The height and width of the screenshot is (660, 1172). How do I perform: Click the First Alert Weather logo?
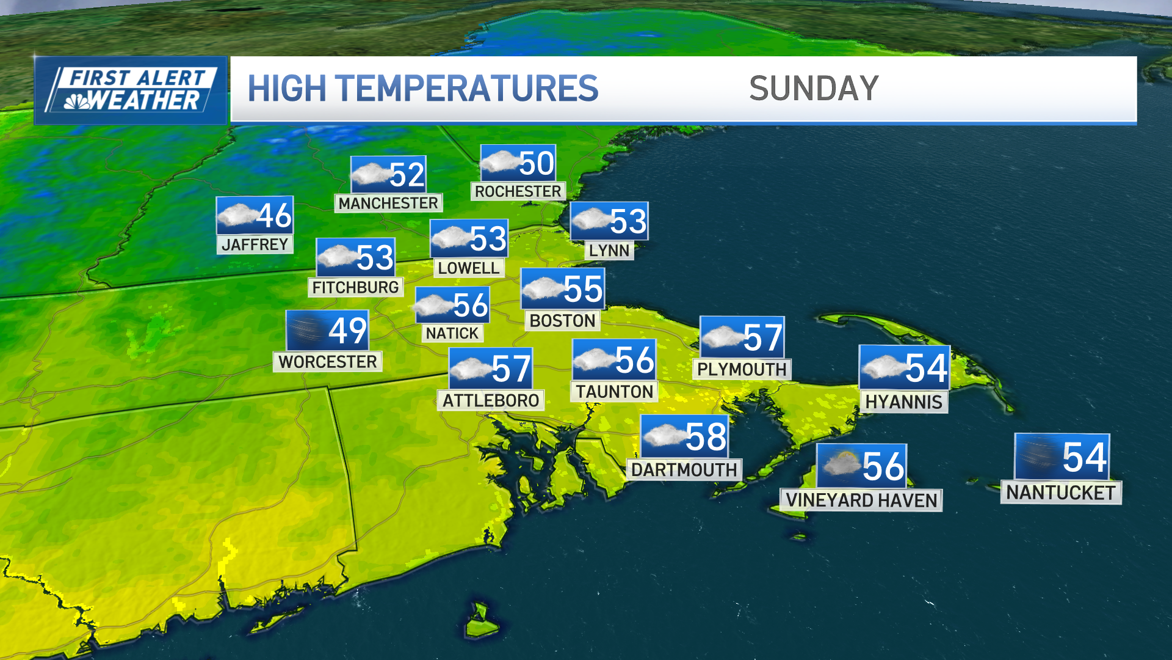pos(131,90)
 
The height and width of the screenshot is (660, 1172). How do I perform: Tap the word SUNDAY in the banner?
pos(814,89)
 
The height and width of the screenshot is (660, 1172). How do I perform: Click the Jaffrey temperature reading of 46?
pos(274,215)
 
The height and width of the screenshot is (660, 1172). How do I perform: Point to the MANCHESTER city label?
pos(388,203)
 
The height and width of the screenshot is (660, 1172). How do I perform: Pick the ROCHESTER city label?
pos(518,191)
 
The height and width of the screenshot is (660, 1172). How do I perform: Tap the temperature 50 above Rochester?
pos(536,163)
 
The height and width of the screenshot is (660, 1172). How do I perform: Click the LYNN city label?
pos(609,251)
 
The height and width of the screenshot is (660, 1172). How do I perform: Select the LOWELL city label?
pos(468,268)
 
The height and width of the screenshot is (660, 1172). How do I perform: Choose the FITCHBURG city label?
pos(355,287)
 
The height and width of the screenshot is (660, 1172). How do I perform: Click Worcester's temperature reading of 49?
pos(348,331)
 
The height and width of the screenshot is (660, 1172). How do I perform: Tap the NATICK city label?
pos(452,333)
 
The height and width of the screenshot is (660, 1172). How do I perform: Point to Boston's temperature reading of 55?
pos(583,288)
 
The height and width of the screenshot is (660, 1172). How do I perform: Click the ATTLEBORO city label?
pos(491,400)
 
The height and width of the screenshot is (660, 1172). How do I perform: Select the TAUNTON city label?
pos(614,392)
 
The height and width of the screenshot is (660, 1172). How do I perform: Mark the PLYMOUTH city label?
pos(742,369)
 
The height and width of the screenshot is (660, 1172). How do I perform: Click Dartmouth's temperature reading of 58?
pos(706,437)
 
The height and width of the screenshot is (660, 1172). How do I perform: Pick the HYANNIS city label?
pos(903,402)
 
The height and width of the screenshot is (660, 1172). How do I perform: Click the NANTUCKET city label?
pos(1060,493)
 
